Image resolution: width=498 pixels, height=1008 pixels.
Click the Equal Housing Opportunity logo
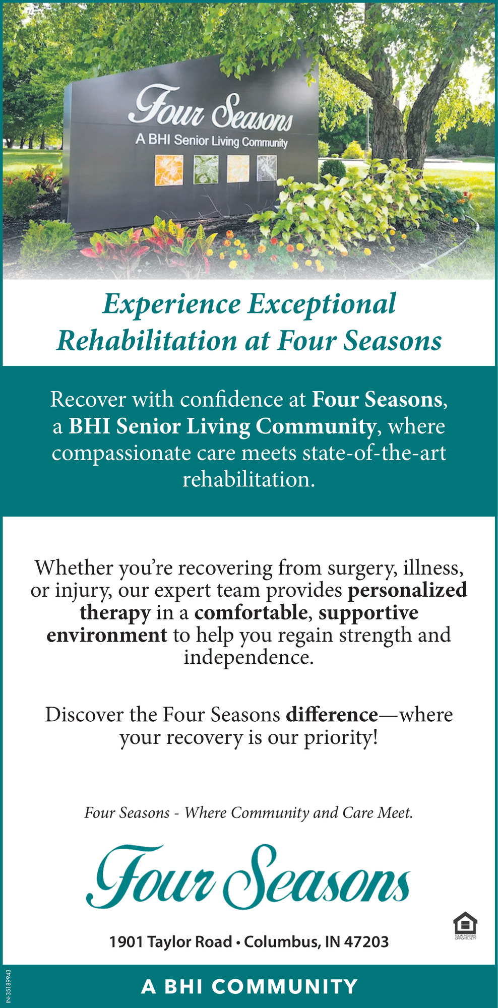[465, 926]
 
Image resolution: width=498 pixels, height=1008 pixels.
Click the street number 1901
[127, 941]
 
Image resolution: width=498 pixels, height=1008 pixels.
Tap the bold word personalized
[407, 591]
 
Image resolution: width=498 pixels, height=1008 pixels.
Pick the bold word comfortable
[251, 612]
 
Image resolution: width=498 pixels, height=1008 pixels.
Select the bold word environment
[107, 635]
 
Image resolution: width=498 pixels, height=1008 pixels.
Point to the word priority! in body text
[341, 738]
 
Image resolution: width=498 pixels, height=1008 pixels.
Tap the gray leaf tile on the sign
[267, 168]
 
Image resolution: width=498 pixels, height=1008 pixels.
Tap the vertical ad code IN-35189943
[7, 985]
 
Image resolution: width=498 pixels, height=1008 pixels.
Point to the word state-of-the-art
[374, 453]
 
